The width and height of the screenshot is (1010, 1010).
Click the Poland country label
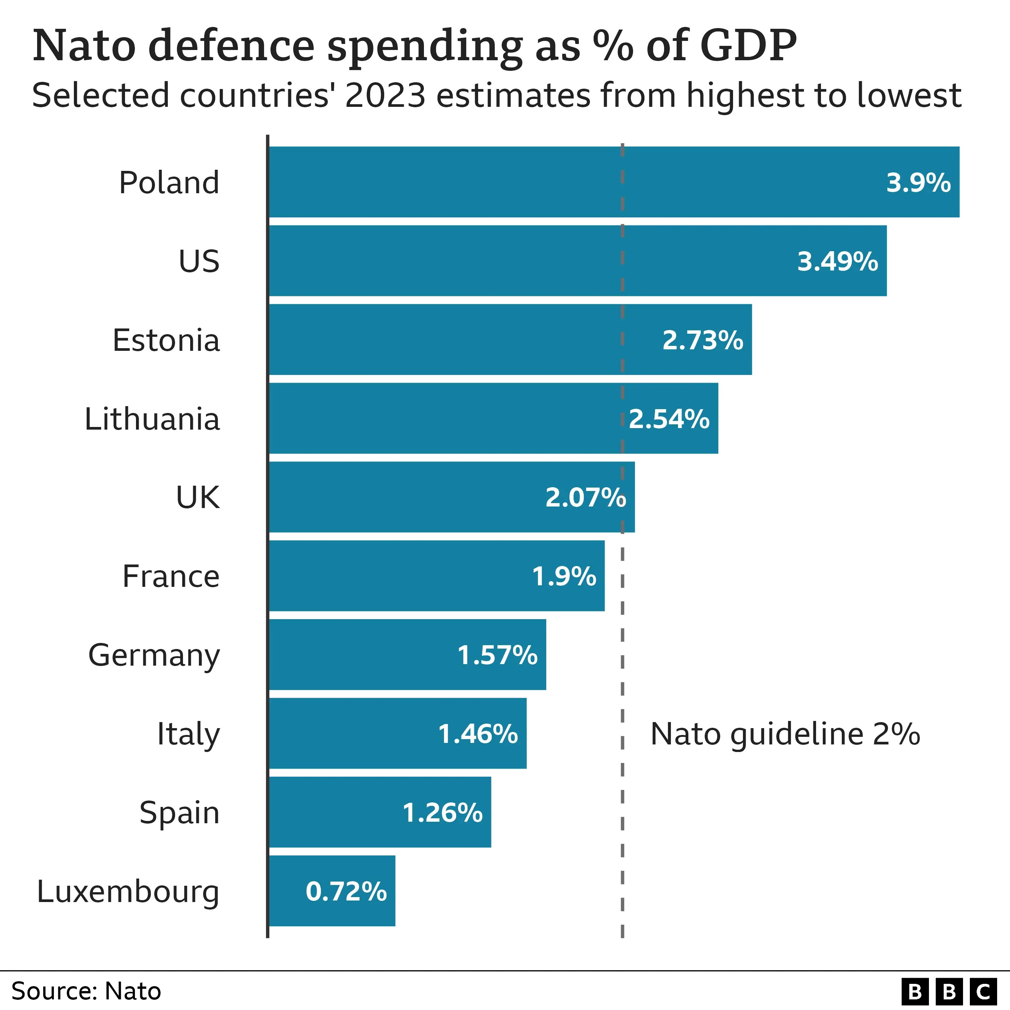coord(169,183)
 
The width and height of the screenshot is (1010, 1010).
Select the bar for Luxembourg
coord(332,891)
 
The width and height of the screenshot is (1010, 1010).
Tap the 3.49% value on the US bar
coord(837,261)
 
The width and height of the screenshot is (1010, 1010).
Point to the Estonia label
coord(166,340)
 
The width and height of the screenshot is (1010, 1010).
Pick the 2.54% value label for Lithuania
coord(669,419)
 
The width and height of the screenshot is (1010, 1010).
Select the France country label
coord(171,576)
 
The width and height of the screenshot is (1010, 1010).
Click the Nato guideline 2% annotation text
coord(785,734)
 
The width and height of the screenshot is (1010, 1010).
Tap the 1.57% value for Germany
coord(497,655)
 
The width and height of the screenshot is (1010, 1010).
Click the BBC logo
coord(949,991)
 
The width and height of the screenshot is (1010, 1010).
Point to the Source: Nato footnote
coord(86,991)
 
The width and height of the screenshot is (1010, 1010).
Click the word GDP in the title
coord(747,46)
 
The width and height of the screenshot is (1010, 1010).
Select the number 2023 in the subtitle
coord(385,96)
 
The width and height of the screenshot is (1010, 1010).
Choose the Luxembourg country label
coord(128,892)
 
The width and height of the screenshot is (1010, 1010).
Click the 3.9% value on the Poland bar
coord(918,183)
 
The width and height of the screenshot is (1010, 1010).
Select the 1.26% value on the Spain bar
coord(442,812)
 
